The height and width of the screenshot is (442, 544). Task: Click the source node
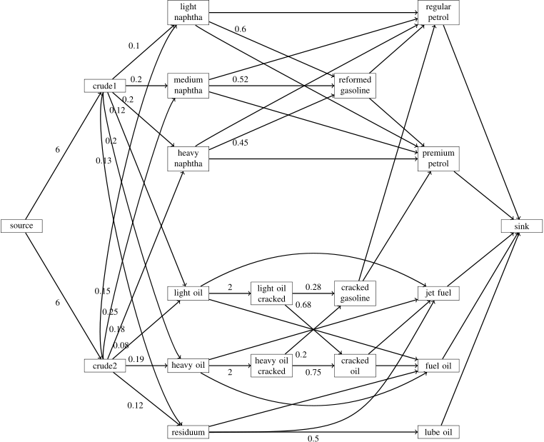22,226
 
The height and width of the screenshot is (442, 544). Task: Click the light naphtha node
187,12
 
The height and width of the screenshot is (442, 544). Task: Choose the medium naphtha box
187,85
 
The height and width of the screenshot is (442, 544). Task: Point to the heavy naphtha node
187,159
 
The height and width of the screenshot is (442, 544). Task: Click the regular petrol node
438,12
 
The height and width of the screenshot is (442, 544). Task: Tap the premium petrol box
438,159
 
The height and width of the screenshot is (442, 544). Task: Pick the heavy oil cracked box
271,366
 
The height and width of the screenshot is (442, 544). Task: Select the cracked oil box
355,366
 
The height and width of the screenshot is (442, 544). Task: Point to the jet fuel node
438,293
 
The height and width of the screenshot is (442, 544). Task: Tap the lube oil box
438,432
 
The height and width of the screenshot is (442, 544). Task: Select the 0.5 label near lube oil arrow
313,437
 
